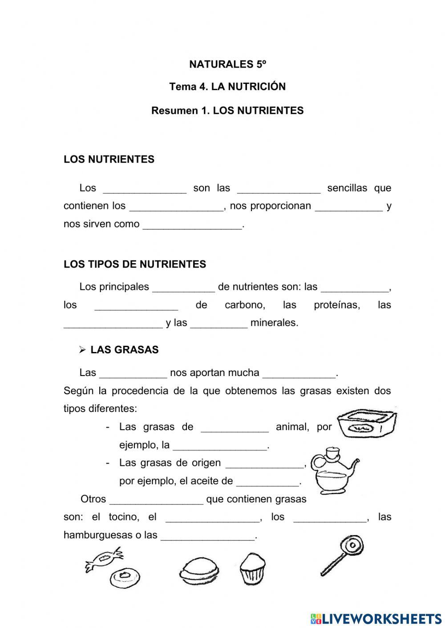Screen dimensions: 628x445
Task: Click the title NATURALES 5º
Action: point(227,64)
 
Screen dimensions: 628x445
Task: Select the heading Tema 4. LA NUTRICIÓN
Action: point(227,87)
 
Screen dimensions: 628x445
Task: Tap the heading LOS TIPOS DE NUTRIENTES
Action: point(135,264)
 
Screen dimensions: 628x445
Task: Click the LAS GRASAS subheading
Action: point(124,350)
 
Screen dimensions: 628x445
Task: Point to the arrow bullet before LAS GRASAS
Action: point(82,350)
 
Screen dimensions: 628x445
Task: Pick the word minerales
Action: point(274,323)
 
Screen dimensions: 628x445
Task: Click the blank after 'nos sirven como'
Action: point(193,225)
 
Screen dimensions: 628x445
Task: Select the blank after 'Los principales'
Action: point(183,288)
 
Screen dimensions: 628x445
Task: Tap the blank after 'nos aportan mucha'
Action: point(299,374)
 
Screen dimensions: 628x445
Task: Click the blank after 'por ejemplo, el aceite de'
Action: point(268,482)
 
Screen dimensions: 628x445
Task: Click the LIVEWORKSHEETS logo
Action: point(376,618)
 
